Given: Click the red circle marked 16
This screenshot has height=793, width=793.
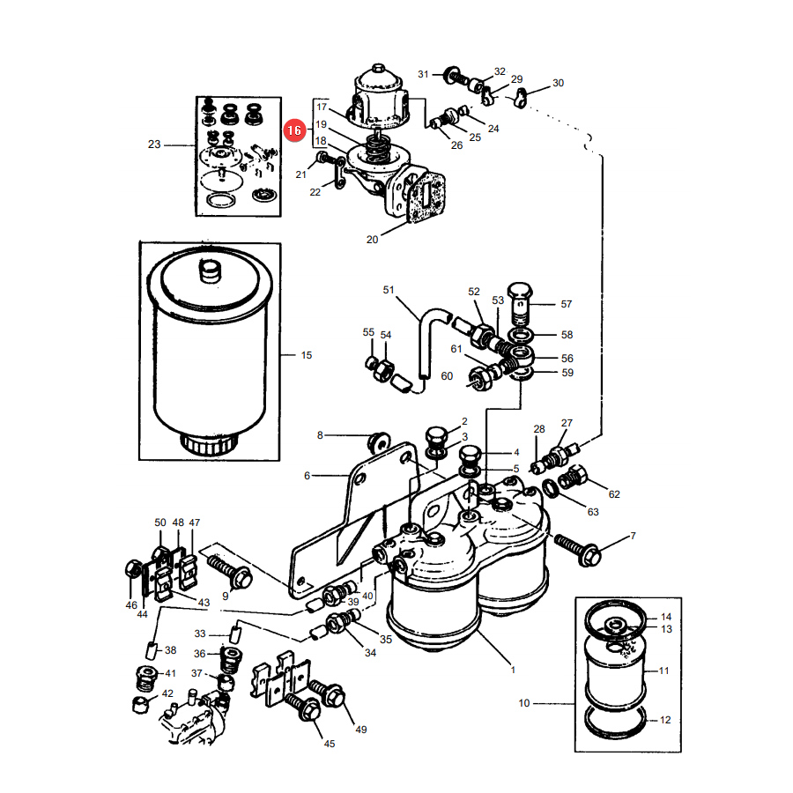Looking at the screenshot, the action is (x=294, y=130).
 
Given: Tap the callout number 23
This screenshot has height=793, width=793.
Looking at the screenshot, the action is (x=154, y=145).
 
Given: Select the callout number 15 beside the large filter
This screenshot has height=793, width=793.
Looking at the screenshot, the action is (x=307, y=355).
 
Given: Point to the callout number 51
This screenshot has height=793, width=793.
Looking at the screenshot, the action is (x=389, y=290).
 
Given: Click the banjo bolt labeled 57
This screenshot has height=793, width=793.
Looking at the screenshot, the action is (x=519, y=302).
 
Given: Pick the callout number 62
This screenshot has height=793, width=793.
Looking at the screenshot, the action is (x=614, y=494).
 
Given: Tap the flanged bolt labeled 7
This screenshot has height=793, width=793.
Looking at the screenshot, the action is (x=578, y=550).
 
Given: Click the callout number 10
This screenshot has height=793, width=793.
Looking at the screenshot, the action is (x=524, y=703).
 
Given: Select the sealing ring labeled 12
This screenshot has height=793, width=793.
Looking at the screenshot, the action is (x=616, y=723).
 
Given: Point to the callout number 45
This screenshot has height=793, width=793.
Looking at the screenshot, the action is (x=330, y=744).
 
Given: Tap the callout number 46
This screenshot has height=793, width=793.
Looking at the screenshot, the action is (x=131, y=604).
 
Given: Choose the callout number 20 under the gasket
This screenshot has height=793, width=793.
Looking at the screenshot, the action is (x=372, y=239).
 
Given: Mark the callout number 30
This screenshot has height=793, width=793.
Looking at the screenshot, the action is (x=558, y=83).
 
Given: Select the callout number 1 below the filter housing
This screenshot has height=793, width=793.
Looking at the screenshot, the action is (x=513, y=670).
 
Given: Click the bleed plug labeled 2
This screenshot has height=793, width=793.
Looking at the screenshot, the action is (x=436, y=437).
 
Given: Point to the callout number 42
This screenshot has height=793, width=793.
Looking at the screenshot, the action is (x=167, y=693).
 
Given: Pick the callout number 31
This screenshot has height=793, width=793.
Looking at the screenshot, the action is (x=423, y=74).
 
